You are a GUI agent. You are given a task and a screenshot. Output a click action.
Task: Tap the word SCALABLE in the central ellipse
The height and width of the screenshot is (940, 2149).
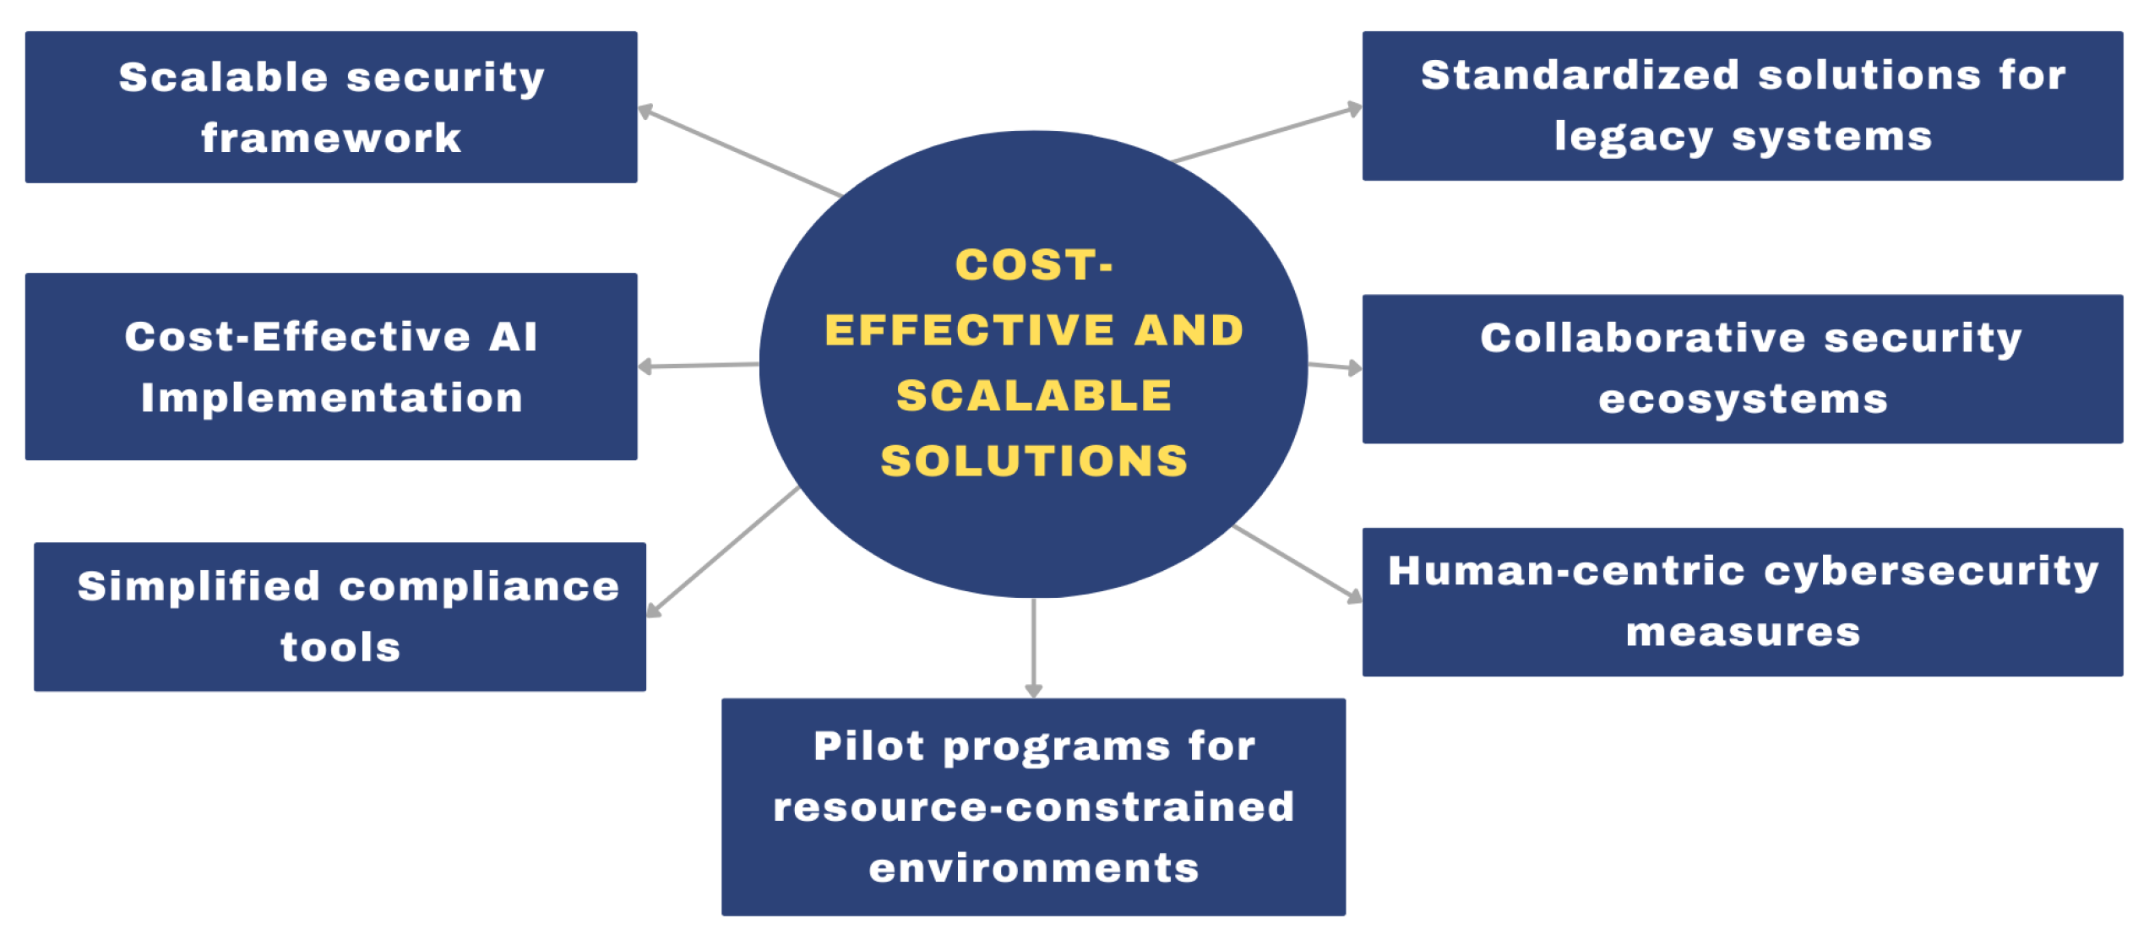click(1034, 396)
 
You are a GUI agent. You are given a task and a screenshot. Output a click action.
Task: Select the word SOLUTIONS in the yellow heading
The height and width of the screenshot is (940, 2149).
click(1034, 461)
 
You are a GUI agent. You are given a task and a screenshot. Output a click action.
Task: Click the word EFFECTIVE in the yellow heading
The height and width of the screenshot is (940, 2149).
click(968, 330)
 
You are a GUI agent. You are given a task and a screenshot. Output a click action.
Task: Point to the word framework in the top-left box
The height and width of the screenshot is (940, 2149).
click(331, 139)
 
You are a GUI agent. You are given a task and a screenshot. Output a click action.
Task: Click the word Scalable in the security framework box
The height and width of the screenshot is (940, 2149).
click(223, 78)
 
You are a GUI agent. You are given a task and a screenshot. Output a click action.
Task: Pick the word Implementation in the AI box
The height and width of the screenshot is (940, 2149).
click(332, 398)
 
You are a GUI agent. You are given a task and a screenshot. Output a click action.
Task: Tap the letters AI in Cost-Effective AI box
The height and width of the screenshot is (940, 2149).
click(512, 337)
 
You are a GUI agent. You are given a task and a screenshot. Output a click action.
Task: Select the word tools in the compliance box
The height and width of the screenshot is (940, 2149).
click(340, 648)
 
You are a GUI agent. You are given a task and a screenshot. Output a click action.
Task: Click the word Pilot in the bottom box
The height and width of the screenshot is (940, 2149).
click(868, 747)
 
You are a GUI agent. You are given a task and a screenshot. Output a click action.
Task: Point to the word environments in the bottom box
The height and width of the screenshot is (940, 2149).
click(1034, 868)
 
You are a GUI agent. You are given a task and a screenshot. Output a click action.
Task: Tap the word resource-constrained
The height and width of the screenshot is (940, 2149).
click(1034, 807)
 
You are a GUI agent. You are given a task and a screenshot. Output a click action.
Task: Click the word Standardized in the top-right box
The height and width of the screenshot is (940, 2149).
click(1580, 76)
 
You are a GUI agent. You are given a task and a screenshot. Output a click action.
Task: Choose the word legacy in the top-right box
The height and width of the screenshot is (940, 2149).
click(1633, 138)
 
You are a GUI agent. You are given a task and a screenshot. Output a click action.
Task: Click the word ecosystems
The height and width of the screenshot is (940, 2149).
click(1743, 399)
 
